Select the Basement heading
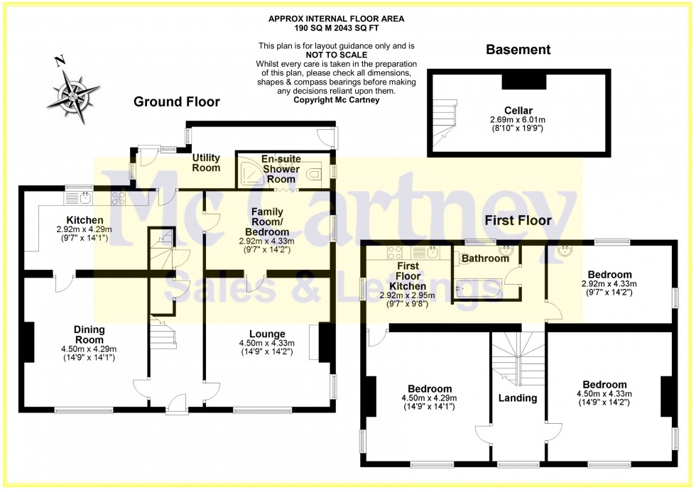pos(518,50)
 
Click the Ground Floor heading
pos(177,102)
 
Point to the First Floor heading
pos(518,221)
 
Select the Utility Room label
pos(207,163)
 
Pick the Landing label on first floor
pos(517,398)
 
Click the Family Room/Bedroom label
pos(267,222)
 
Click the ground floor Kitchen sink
pos(85,195)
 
